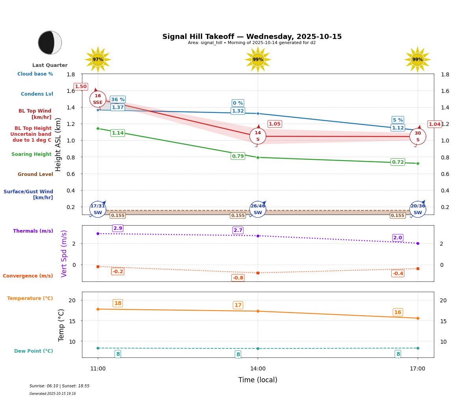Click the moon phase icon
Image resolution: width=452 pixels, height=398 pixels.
click(x=50, y=43)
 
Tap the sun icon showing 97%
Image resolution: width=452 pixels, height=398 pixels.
click(x=98, y=59)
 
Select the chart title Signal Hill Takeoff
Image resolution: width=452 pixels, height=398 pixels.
click(x=252, y=37)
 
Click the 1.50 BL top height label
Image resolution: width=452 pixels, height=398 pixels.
click(x=81, y=87)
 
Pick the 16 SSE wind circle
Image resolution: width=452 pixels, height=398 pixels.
click(x=98, y=99)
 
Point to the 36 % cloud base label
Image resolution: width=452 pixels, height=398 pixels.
click(x=118, y=100)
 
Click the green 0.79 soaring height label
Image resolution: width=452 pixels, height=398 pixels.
click(x=238, y=156)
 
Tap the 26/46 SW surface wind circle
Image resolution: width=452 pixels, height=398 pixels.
click(x=258, y=209)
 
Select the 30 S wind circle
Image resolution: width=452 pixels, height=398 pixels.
click(x=418, y=137)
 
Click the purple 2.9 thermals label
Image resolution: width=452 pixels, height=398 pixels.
click(x=118, y=228)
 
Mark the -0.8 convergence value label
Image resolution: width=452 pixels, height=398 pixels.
click(x=238, y=278)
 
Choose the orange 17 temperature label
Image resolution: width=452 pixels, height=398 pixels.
click(x=238, y=305)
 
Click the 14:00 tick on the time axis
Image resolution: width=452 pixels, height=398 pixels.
click(x=258, y=369)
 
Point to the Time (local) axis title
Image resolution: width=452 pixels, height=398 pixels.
click(x=258, y=380)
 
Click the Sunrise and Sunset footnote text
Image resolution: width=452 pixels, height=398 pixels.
click(x=60, y=386)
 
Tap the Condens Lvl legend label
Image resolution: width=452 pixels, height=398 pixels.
click(x=37, y=94)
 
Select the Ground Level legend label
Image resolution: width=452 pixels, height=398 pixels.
click(x=35, y=174)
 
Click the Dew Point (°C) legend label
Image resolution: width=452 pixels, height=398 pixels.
click(x=33, y=351)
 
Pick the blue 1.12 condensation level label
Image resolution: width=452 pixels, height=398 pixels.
click(x=398, y=128)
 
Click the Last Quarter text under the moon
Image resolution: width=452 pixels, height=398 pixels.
click(x=50, y=65)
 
